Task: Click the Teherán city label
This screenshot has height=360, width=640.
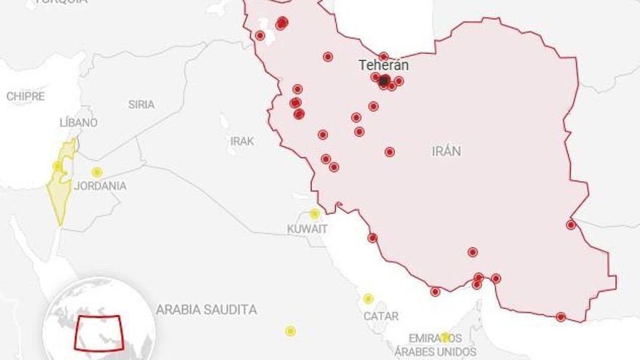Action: [383, 65]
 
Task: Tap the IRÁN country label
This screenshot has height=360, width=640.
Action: [447, 151]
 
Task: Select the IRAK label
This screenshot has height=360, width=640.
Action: [242, 141]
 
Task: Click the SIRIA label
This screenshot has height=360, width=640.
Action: [141, 104]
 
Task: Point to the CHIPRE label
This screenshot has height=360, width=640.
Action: [25, 96]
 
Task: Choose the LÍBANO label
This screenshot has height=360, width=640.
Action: [79, 122]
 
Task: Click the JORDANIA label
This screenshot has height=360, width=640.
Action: [100, 185]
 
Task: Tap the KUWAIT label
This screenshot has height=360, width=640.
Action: [307, 229]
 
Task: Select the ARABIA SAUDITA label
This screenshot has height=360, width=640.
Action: [207, 310]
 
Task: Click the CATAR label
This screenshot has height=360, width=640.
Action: [381, 316]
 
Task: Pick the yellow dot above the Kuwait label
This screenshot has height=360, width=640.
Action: [315, 214]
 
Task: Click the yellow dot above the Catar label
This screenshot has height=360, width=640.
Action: [369, 299]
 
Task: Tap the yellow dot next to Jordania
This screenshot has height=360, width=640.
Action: [97, 172]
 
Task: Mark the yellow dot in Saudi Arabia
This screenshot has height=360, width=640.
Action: [290, 331]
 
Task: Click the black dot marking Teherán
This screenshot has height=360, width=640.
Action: [384, 81]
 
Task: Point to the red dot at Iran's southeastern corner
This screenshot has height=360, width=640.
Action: [561, 317]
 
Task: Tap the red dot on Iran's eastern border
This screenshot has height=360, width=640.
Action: [571, 225]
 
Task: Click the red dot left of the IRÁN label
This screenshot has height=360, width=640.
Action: [390, 152]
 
